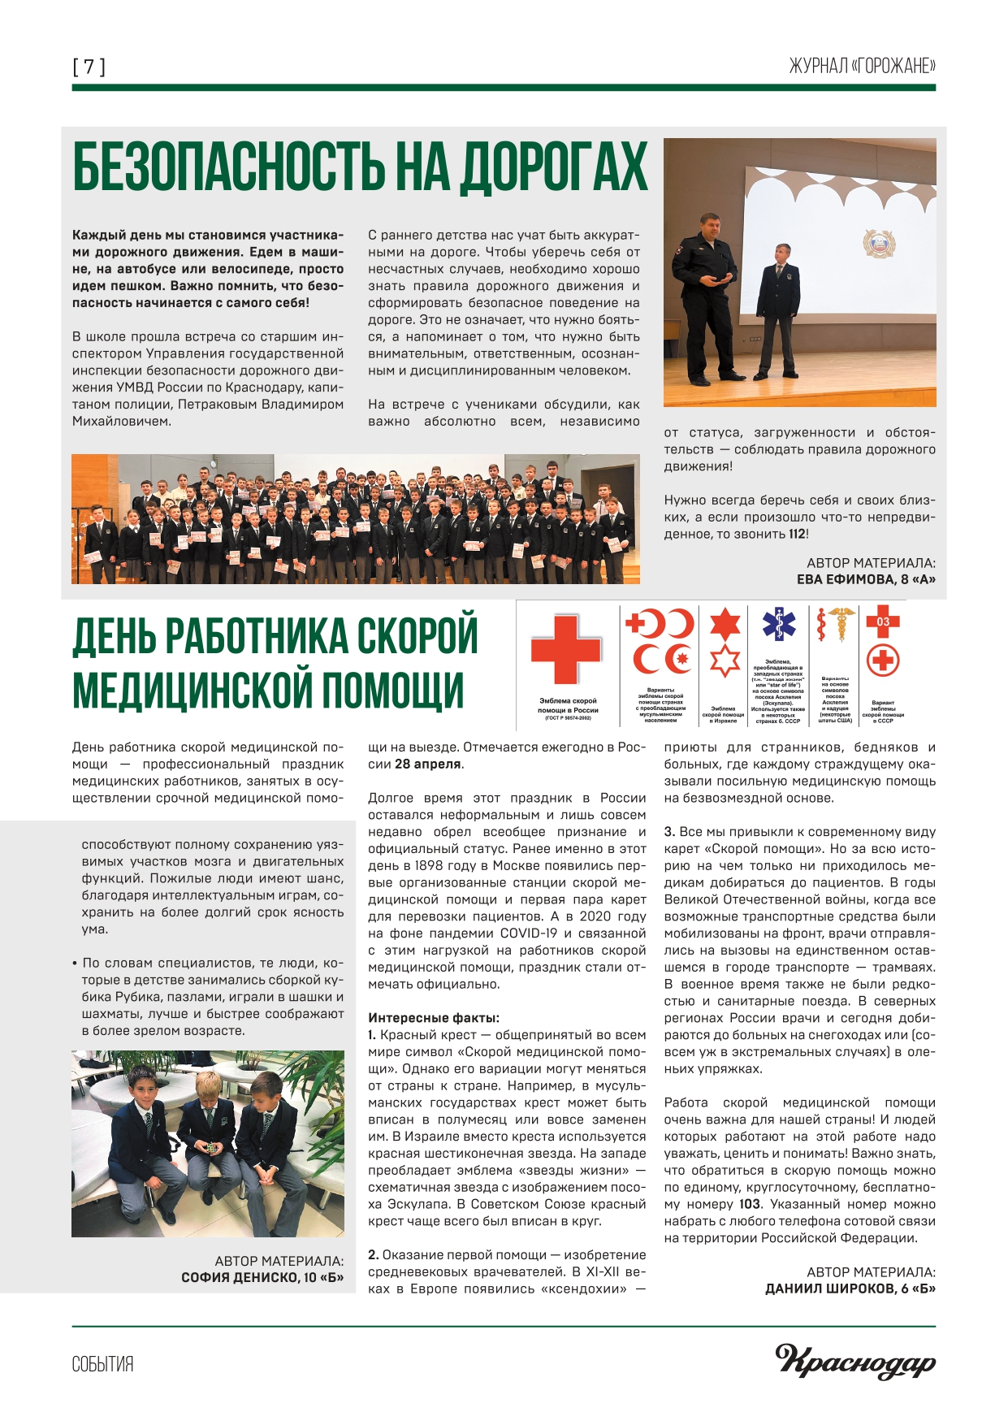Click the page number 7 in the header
click(89, 67)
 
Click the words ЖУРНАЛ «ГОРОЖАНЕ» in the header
click(862, 67)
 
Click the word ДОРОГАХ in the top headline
click(555, 167)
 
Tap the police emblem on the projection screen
click(880, 244)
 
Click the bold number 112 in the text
click(797, 534)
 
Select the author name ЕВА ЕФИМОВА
click(845, 579)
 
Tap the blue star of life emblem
click(779, 623)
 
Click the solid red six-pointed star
click(725, 625)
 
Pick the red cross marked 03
click(883, 622)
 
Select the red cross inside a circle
click(883, 660)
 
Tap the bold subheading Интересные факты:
click(434, 1018)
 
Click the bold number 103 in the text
click(750, 1204)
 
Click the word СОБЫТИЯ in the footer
click(102, 1364)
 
